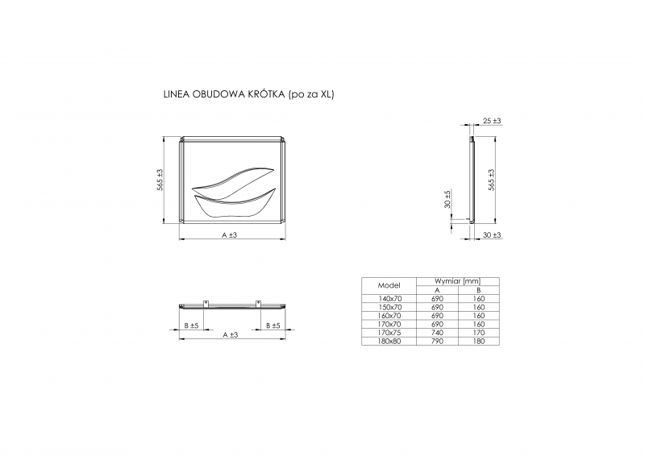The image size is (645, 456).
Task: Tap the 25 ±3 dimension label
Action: tap(491, 121)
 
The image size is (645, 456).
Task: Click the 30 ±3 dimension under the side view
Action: tap(491, 234)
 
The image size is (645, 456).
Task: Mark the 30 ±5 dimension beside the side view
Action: tap(447, 198)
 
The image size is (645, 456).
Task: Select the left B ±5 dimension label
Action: tap(191, 325)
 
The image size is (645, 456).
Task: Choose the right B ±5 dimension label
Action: tap(272, 325)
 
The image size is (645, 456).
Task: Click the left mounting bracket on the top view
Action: tap(206, 304)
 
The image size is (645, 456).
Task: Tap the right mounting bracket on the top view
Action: tap(258, 304)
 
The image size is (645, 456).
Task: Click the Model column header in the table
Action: tap(389, 285)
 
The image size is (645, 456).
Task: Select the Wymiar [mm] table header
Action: tap(457, 281)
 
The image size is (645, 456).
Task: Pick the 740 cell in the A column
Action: tap(436, 331)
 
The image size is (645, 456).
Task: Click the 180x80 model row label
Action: tap(389, 341)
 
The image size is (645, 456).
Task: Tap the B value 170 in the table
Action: tap(478, 331)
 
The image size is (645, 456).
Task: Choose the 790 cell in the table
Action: tap(436, 341)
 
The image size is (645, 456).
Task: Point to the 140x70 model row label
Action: tap(389, 298)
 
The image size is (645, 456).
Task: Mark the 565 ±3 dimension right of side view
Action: tap(491, 179)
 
